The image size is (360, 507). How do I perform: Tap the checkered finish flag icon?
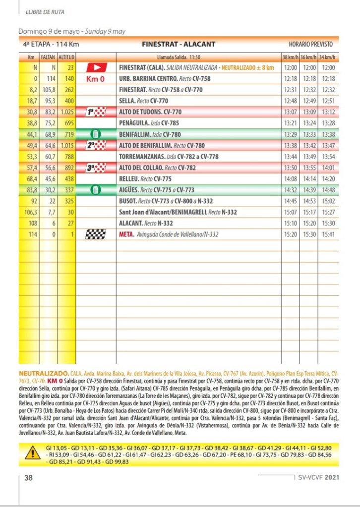[x=96, y=234]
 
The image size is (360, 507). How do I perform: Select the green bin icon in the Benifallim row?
[x=96, y=134]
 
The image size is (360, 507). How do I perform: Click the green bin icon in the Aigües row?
[x=96, y=189]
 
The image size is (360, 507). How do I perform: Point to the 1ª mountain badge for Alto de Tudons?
[x=96, y=112]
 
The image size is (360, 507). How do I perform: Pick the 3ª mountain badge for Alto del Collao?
[x=96, y=168]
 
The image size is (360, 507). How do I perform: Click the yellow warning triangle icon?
[x=33, y=452]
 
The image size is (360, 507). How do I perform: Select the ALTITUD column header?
[x=66, y=56]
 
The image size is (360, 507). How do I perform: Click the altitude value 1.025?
[x=66, y=112]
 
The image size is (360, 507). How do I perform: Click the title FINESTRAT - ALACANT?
[x=179, y=44]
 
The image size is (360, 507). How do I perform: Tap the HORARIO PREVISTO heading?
[x=311, y=44]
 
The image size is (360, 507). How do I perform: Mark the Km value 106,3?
[x=31, y=212]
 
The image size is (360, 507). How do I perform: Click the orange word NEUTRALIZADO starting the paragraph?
[x=43, y=372]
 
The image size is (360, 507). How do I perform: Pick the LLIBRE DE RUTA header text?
[x=45, y=11]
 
